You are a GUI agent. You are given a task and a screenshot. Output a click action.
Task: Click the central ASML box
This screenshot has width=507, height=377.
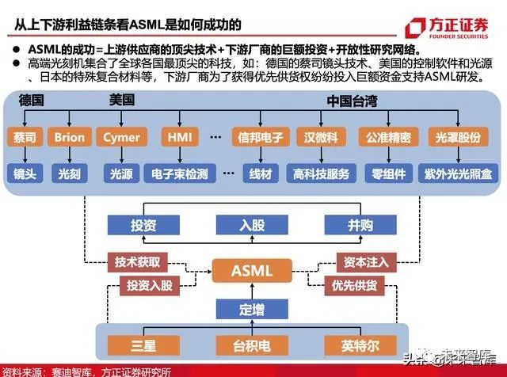pyautogui.click(x=251, y=271)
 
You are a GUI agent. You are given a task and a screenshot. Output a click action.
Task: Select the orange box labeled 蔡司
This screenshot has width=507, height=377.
pyautogui.click(x=25, y=137)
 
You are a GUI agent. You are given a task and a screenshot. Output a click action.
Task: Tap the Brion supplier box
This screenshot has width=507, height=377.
pyautogui.click(x=70, y=137)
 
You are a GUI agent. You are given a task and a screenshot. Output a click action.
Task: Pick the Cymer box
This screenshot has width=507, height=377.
pyautogui.click(x=121, y=137)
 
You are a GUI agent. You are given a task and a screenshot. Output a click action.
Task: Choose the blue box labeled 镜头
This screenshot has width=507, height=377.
pyautogui.click(x=25, y=172)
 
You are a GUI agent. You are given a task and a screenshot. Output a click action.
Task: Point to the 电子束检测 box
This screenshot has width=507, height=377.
pyautogui.click(x=180, y=172)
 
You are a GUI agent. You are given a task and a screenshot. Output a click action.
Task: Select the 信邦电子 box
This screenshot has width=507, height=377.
pyautogui.click(x=260, y=137)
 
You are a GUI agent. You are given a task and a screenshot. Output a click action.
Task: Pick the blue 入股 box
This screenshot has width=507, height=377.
pyautogui.click(x=251, y=224)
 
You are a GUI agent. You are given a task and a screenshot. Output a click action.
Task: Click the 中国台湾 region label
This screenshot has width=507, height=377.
pyautogui.click(x=356, y=101)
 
